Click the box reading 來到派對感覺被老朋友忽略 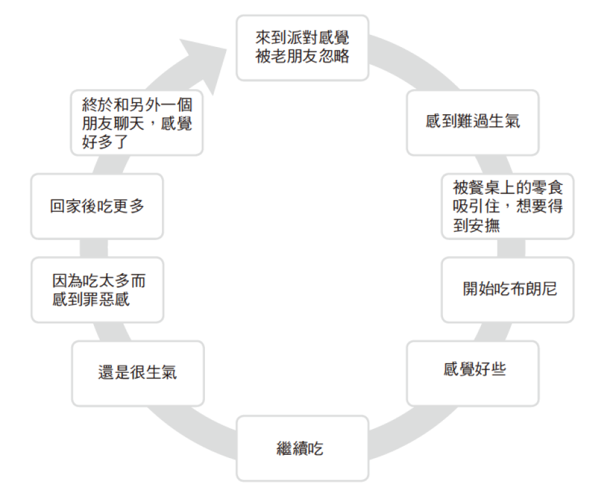pos(302,48)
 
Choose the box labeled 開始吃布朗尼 pos(507,290)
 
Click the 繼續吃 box pos(302,449)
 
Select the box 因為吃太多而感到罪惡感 pos(96,290)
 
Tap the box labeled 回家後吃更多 pos(96,206)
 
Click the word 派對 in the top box pos(303,39)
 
